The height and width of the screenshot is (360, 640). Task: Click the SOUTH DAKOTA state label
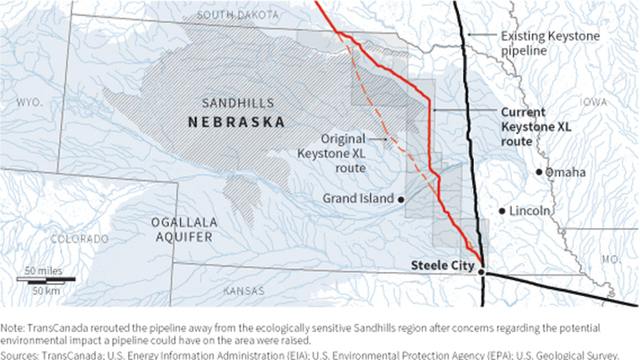[x=244, y=14]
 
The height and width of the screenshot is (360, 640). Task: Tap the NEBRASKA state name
[x=236, y=122]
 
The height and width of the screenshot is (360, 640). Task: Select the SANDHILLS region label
[x=236, y=103]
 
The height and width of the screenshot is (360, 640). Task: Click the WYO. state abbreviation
[x=31, y=103]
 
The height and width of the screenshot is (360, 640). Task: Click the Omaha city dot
[x=540, y=172]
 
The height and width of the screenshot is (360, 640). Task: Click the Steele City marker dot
[x=481, y=270]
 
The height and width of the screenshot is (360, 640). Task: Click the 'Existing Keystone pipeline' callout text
[x=537, y=43]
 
